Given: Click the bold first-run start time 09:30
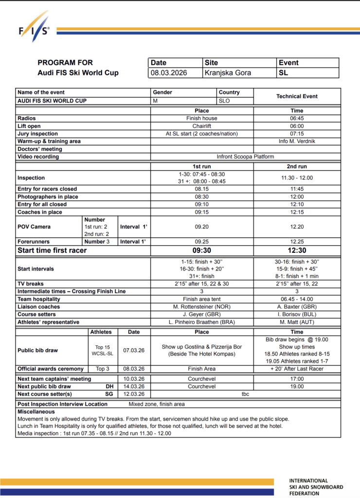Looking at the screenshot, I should pos(201,250).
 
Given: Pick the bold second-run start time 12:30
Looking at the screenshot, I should pos(297,250).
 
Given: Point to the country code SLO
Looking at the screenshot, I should pos(224,101).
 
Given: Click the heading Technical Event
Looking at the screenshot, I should pos(297,96).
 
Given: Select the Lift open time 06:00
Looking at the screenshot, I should pos(297,126).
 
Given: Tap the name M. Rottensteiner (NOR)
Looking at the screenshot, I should pos(201,307).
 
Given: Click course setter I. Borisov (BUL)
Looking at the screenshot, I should pos(297,315).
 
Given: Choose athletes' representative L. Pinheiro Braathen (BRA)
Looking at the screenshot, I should pos(201,322).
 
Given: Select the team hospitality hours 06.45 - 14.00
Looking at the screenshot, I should pos(297,299).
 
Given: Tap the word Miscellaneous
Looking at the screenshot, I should pos(36,411).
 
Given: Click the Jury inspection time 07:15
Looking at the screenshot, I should pos(297,134).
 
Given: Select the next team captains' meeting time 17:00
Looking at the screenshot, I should pos(297,378).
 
